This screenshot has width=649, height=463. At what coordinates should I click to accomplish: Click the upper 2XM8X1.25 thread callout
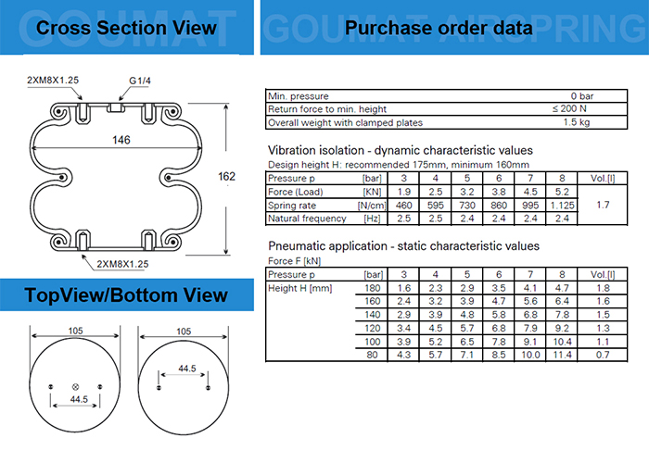coord(54,81)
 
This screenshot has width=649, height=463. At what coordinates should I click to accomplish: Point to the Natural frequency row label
coord(307,219)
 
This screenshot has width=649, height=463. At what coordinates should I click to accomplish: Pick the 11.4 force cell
coord(562,355)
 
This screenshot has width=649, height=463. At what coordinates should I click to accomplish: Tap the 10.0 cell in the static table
coord(530,355)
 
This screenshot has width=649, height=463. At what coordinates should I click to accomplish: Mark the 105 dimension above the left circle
coord(74,332)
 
